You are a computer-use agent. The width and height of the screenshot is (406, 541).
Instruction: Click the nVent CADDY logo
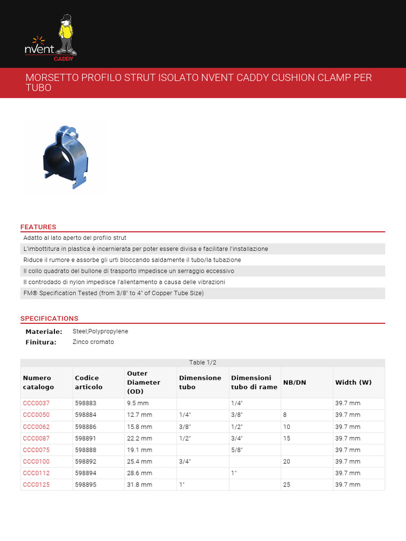[51, 36]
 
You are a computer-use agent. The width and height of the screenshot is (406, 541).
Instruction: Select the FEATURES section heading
[38, 227]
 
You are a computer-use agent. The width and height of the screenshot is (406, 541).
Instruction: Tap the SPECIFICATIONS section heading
[49, 319]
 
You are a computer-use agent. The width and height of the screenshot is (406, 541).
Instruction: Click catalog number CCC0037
[36, 403]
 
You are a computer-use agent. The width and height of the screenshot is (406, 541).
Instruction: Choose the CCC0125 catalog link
[36, 484]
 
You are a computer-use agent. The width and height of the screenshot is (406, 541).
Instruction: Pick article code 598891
[86, 438]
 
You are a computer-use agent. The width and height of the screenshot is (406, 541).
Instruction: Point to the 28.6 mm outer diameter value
[139, 473]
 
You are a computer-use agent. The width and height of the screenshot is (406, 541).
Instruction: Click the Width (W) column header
[353, 382]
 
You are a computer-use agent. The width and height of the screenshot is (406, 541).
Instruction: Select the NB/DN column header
[294, 382]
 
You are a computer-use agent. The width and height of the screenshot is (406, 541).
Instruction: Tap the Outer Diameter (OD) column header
[143, 382]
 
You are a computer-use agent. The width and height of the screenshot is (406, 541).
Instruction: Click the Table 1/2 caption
[202, 362]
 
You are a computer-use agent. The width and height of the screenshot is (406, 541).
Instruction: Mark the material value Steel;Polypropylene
[100, 331]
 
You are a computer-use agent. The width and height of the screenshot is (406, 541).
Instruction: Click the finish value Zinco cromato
[93, 342]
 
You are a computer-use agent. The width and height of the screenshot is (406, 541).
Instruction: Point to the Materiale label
[44, 332]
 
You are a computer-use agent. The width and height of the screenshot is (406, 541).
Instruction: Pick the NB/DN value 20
[287, 461]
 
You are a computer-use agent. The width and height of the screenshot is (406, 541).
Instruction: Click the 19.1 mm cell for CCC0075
[139, 450]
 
